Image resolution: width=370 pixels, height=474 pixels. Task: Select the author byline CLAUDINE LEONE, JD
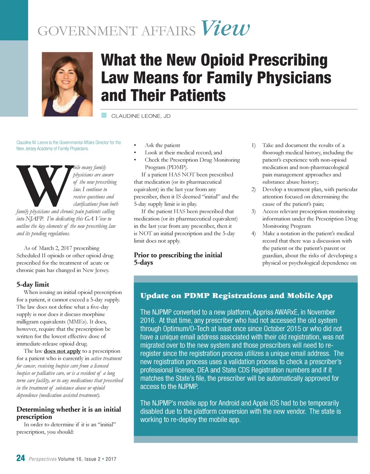coord(141,116)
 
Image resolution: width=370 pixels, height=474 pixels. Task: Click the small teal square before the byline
coord(104,115)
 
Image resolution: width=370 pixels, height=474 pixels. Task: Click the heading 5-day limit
coord(33,284)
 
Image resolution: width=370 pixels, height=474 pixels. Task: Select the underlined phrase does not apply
coord(62,351)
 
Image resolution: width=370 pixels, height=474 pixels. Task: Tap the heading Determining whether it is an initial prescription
coord(69,413)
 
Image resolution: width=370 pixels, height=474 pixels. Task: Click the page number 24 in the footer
coord(21,458)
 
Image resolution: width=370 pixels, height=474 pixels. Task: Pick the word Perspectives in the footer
coord(43,459)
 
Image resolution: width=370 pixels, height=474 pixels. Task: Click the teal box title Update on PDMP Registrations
coord(236,296)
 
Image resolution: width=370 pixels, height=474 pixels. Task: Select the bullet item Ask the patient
coord(162,145)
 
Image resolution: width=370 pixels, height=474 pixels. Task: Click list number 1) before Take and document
coord(253,145)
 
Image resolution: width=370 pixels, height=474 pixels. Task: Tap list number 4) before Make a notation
coord(253,233)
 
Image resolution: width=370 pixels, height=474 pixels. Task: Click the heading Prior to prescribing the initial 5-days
coord(178,259)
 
